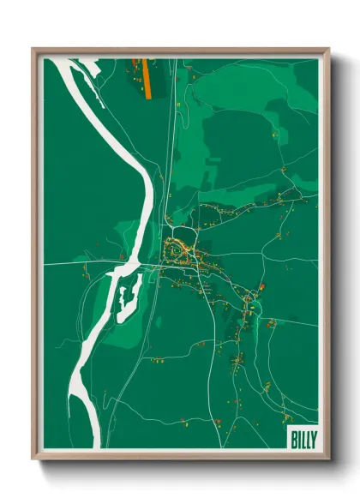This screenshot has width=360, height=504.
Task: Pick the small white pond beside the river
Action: click(x=129, y=296)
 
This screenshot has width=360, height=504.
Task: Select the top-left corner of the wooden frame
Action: click(x=33, y=49)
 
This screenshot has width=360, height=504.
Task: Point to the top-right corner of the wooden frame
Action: click(x=328, y=49)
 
